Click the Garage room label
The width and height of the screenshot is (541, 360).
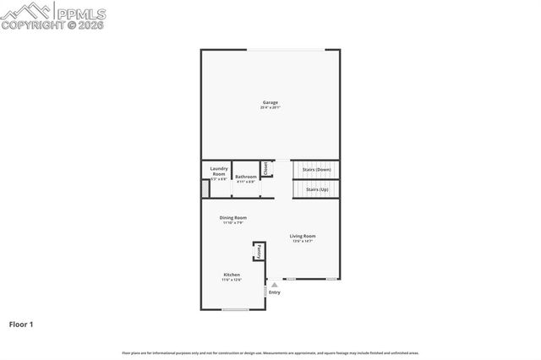[x=270, y=102]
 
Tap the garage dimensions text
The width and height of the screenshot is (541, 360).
[x=270, y=107]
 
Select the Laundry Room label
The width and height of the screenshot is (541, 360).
[x=219, y=171]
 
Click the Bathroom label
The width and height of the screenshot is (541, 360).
[x=246, y=176]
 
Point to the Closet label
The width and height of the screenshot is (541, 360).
[x=265, y=168]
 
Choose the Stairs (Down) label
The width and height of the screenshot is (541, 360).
[x=316, y=169]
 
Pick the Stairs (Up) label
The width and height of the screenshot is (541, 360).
[x=318, y=189]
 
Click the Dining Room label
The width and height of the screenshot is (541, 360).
[x=233, y=218]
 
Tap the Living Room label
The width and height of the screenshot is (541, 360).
[x=303, y=236]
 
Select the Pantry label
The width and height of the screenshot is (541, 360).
[x=259, y=252]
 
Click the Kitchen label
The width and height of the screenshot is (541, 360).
[x=232, y=275]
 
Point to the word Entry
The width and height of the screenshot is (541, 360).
[x=275, y=292]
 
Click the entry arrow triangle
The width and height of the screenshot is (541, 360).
[x=274, y=286]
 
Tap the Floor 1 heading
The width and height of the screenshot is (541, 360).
[x=21, y=324]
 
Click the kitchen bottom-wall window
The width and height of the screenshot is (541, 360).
[x=234, y=309]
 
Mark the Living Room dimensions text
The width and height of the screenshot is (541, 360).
[x=303, y=242]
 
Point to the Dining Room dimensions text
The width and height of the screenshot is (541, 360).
[x=233, y=223]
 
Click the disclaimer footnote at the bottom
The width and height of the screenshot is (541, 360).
[x=270, y=352]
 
